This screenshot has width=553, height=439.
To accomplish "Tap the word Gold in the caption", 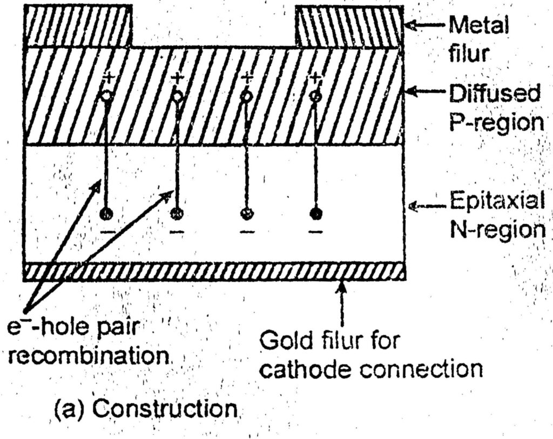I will pos(284,341).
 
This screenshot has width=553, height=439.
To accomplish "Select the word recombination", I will pos(87,357).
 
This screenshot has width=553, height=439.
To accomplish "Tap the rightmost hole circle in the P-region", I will pos(316,96).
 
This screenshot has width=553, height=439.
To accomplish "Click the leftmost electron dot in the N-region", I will pos(107,213).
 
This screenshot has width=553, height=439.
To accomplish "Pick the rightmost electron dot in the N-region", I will pos(316,212).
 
